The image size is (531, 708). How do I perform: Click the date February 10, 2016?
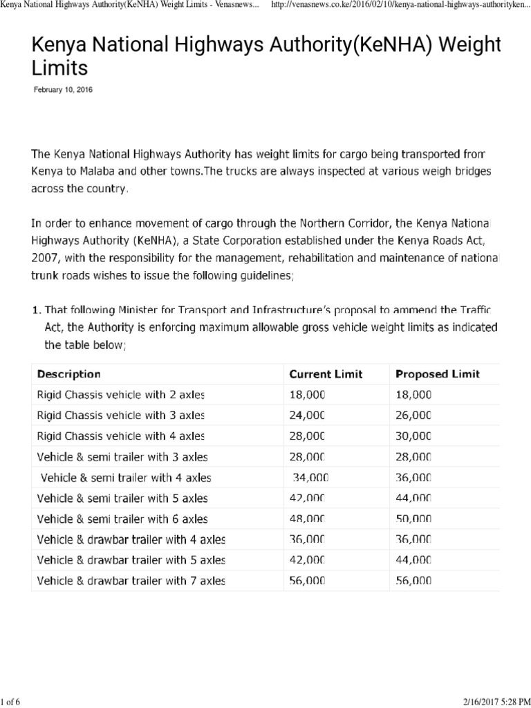[x=63, y=91]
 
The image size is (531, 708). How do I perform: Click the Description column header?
[x=68, y=374]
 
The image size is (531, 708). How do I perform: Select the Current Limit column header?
[x=326, y=374]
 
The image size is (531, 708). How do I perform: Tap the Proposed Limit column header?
[x=438, y=374]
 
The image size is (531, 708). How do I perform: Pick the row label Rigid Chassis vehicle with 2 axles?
[x=121, y=395]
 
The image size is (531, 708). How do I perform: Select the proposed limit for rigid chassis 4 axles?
[x=413, y=436]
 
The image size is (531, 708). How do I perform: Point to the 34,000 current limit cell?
[x=310, y=477]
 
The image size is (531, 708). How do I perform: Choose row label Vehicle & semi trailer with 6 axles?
[x=122, y=519]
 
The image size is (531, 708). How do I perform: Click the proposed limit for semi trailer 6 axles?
[x=413, y=519]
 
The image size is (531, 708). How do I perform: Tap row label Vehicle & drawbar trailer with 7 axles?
[x=131, y=581]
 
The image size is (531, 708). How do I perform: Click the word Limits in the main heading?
[x=60, y=68]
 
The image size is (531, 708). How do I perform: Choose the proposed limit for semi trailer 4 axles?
[x=413, y=477]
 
